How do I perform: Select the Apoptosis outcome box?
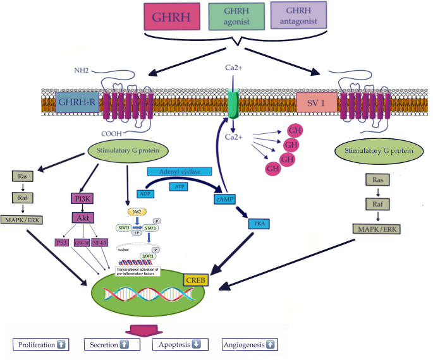point(181,345)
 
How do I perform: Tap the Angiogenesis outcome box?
point(250,345)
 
